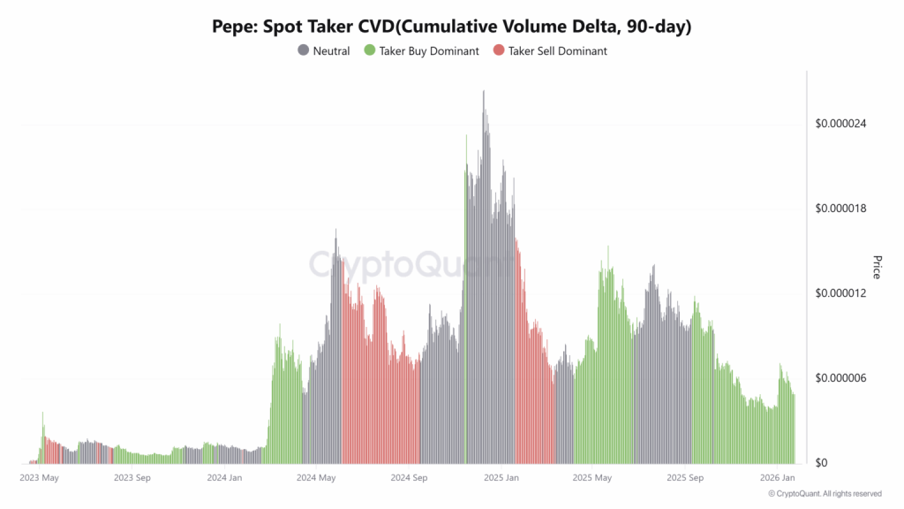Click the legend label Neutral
(x=331, y=51)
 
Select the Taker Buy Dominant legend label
(x=429, y=51)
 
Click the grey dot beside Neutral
(x=304, y=51)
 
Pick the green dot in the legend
(x=370, y=51)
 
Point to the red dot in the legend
(x=499, y=51)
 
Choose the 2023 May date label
(x=40, y=477)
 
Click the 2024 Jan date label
(x=224, y=477)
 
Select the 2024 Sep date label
(x=409, y=477)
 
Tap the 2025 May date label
(x=592, y=477)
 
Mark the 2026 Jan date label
(x=777, y=477)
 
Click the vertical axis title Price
(x=877, y=266)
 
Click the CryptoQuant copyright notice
(x=825, y=493)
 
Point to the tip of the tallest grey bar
(x=484, y=91)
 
